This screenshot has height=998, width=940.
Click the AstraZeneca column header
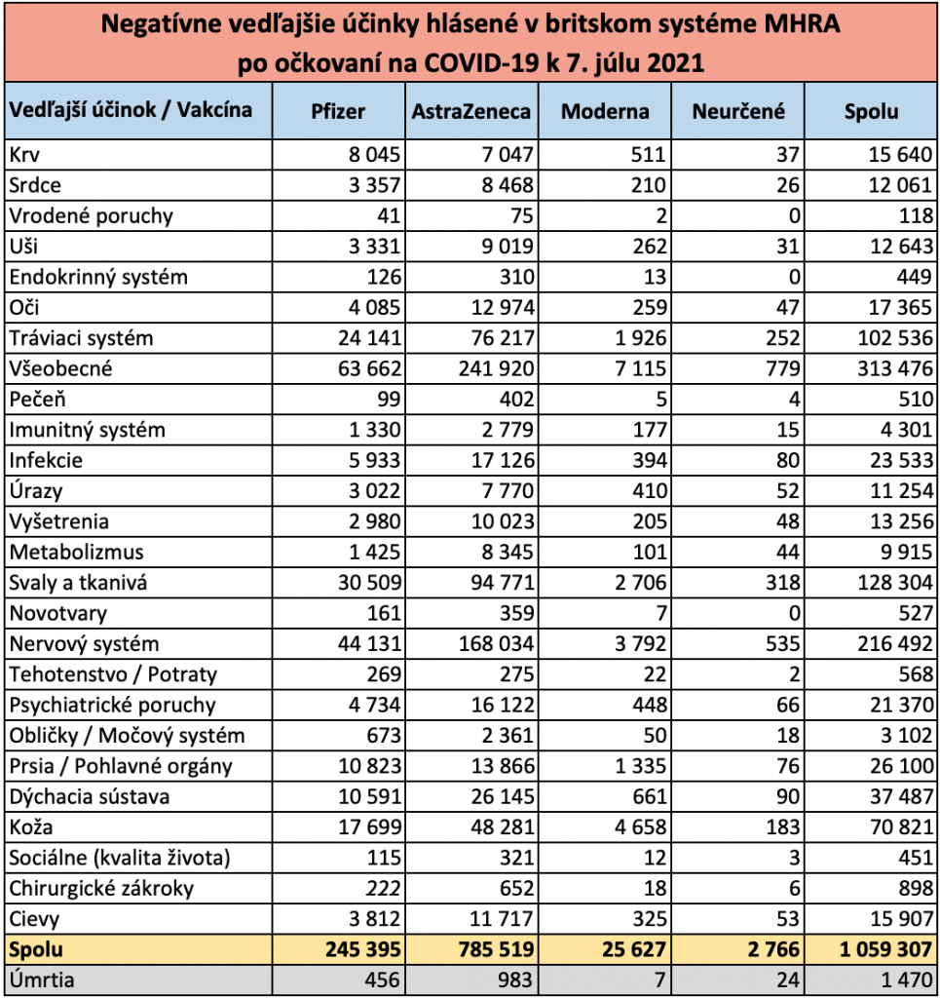(x=470, y=111)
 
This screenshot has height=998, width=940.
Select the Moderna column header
(x=605, y=111)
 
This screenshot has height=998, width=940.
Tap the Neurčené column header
(x=738, y=111)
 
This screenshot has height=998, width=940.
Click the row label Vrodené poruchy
(x=91, y=215)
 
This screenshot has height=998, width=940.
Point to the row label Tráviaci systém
(x=82, y=338)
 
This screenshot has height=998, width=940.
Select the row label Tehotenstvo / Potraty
(x=113, y=674)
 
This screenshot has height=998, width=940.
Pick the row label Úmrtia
(x=42, y=979)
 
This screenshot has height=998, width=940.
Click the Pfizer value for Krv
(x=374, y=155)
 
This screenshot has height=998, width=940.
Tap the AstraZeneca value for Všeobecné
(x=496, y=368)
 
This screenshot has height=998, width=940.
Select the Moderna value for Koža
(x=640, y=826)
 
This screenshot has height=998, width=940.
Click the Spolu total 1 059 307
(x=885, y=949)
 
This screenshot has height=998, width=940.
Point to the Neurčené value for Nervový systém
(x=782, y=643)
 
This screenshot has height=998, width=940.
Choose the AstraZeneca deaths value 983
(x=516, y=979)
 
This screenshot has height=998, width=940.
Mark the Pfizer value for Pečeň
(x=389, y=399)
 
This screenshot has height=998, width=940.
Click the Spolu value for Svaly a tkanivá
(x=895, y=583)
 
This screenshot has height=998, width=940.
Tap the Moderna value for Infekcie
(x=650, y=460)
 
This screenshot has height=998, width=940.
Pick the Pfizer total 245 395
(x=363, y=949)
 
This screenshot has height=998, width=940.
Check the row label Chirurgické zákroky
(x=101, y=888)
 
